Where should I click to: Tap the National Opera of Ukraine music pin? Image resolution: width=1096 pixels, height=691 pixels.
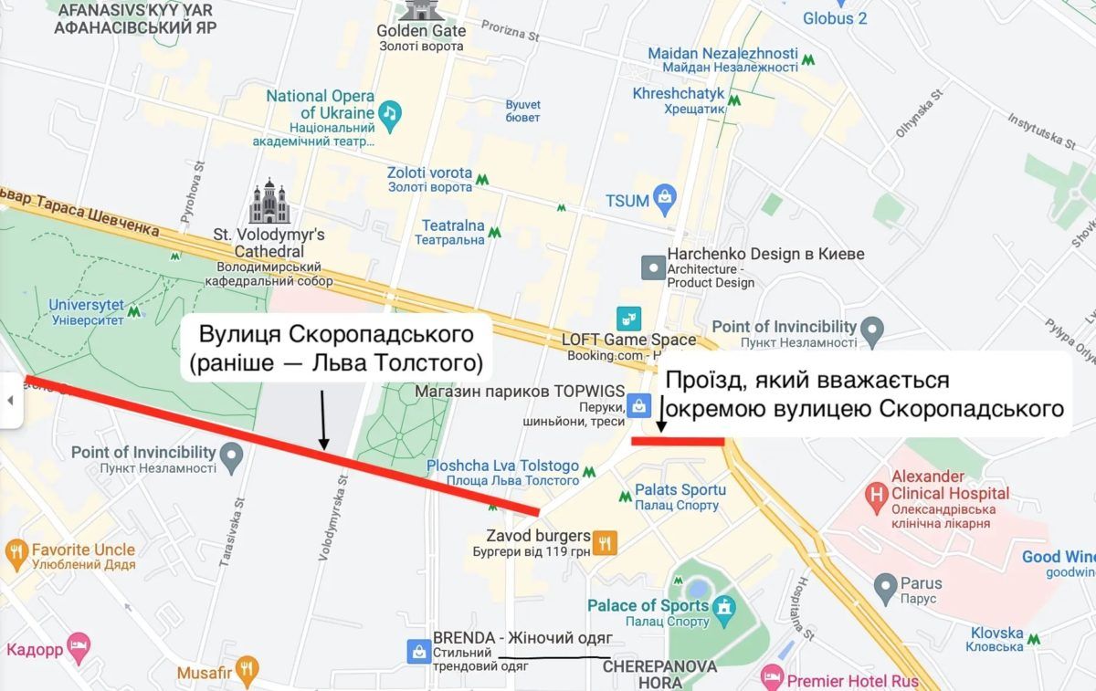tap(390, 113)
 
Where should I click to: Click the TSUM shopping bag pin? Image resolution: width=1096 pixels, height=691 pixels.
tap(666, 196)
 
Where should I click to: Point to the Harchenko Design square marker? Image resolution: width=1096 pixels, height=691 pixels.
tap(653, 267)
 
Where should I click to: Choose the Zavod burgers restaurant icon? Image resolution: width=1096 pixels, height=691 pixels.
tap(604, 543)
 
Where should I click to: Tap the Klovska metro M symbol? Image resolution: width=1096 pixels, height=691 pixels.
tap(1033, 639)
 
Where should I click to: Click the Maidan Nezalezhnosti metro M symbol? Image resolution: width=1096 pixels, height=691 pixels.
tap(808, 60)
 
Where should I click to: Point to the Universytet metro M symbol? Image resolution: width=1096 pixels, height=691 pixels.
tap(135, 312)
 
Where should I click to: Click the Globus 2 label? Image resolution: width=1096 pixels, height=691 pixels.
tap(835, 17)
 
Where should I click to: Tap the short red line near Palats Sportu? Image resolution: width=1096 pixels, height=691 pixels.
tap(678, 442)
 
